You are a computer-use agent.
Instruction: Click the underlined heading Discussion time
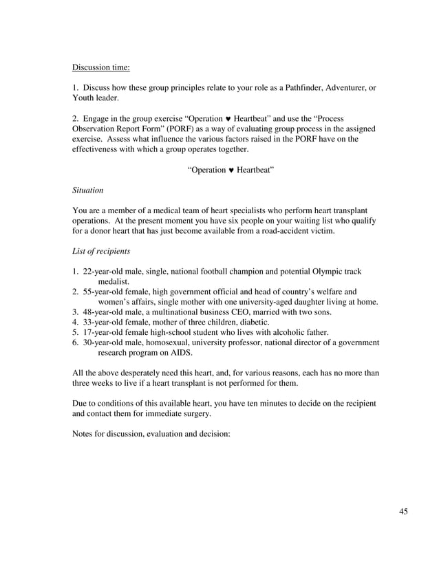coord(100,67)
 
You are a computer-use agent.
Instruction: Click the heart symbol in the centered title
coord(230,170)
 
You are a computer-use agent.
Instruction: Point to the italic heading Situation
coord(87,189)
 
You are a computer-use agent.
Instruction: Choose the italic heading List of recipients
coord(101,252)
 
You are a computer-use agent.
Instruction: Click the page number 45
coord(403,511)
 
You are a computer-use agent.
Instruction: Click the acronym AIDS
coord(180,352)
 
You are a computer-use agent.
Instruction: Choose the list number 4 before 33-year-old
coord(75,322)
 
